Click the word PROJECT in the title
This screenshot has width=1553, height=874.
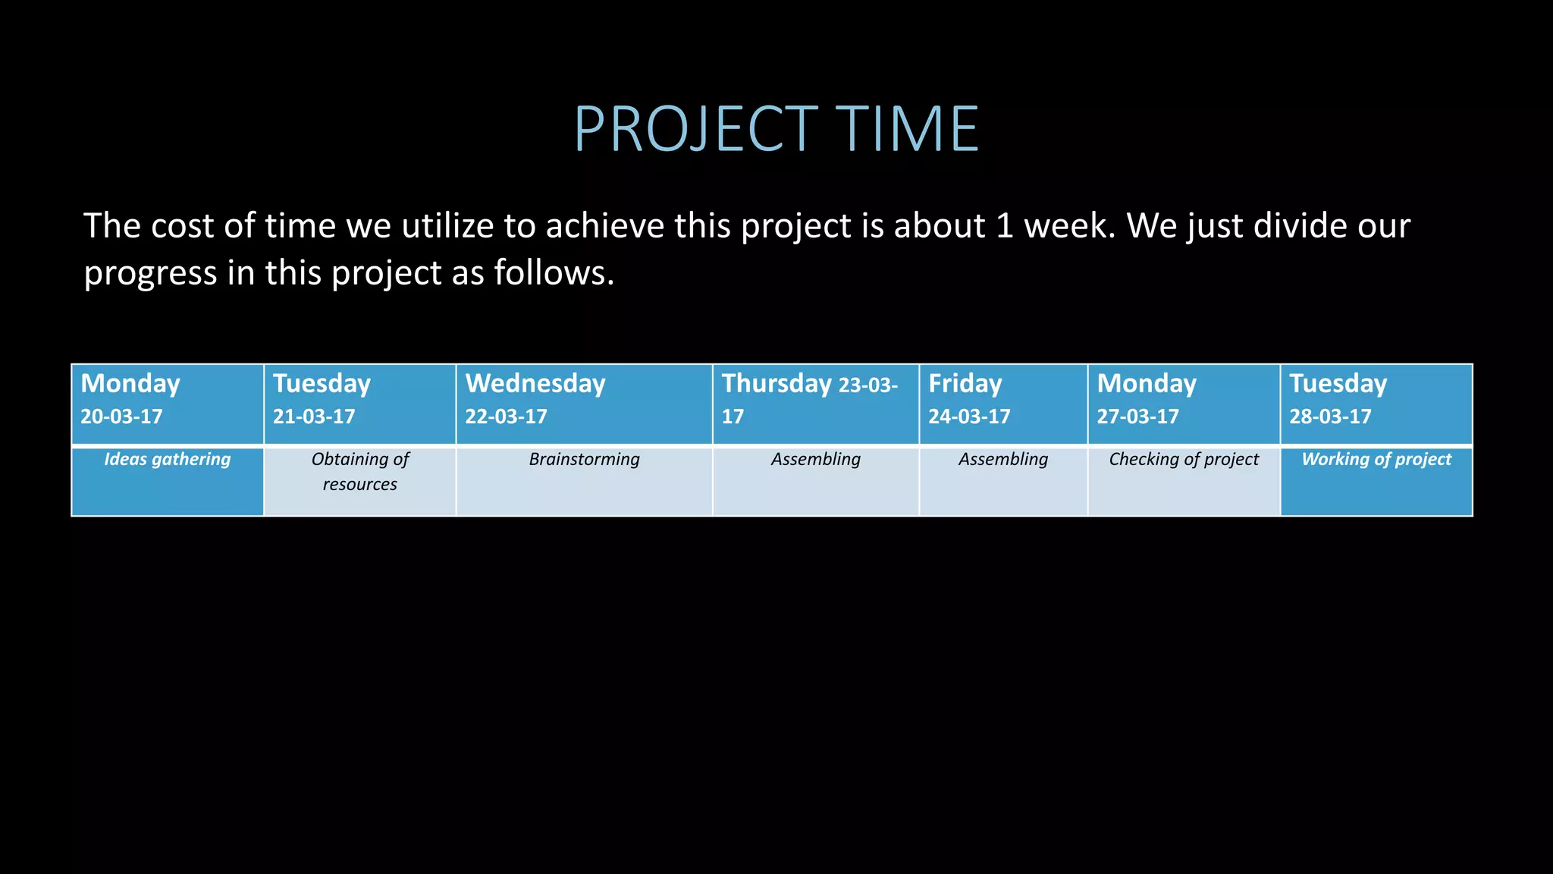click(x=695, y=129)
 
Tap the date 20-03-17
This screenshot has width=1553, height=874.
click(x=121, y=417)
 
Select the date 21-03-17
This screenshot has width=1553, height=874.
click(x=314, y=417)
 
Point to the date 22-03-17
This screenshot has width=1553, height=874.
click(x=506, y=417)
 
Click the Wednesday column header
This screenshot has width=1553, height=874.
click(x=535, y=384)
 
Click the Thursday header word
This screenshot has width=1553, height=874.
click(x=776, y=384)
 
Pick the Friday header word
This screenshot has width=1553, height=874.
click(x=965, y=384)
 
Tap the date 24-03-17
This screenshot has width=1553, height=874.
click(x=969, y=417)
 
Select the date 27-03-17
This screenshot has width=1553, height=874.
click(x=1137, y=417)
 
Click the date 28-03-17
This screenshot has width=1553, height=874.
click(x=1330, y=417)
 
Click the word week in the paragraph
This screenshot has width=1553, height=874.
click(x=1068, y=226)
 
